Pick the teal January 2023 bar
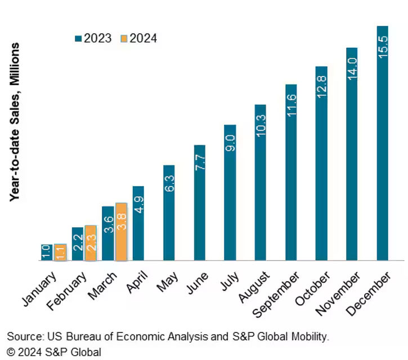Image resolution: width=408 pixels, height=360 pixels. coord(47,253)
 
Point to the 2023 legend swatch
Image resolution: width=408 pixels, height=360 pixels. coord(78,39)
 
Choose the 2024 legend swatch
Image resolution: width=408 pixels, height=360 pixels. coord(124,39)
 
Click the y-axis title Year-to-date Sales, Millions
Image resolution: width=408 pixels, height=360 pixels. coord(15,122)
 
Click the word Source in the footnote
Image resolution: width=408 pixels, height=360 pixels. coord(23,337)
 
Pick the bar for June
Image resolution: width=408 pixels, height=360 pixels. coord(200,203)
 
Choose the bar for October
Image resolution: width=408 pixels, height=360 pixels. coord(321,164)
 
